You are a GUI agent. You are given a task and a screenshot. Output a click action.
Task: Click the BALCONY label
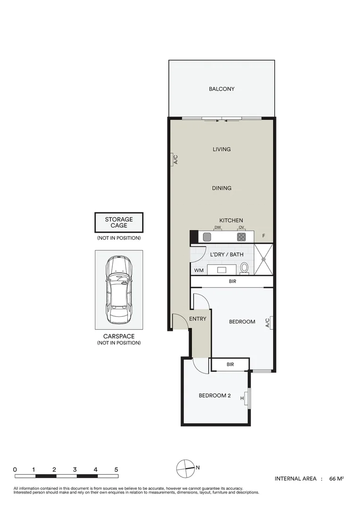[221, 89]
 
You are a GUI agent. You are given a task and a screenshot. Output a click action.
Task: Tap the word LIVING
[221, 149]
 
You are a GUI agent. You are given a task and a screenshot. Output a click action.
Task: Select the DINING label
[221, 188]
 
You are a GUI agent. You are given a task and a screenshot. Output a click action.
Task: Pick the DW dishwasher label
[218, 228]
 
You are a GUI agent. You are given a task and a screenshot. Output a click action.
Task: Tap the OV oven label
[241, 228]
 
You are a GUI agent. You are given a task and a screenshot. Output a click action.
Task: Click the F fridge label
[264, 236]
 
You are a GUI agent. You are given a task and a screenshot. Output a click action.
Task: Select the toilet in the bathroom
[244, 268]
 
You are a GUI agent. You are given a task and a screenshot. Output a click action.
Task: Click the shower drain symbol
[264, 259]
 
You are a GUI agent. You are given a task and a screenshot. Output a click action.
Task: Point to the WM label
[199, 271]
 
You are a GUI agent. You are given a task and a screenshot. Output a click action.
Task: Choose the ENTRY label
[198, 319]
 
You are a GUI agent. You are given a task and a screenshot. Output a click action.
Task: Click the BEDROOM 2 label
[214, 396]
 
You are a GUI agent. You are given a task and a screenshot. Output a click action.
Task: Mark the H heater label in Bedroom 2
[242, 399]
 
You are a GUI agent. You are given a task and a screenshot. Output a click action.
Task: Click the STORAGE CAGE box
[119, 222]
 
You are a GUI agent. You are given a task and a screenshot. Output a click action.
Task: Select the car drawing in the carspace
[118, 290]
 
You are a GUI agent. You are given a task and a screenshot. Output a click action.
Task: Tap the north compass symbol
[185, 468]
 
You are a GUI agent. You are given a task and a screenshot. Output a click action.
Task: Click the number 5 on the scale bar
[116, 470]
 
